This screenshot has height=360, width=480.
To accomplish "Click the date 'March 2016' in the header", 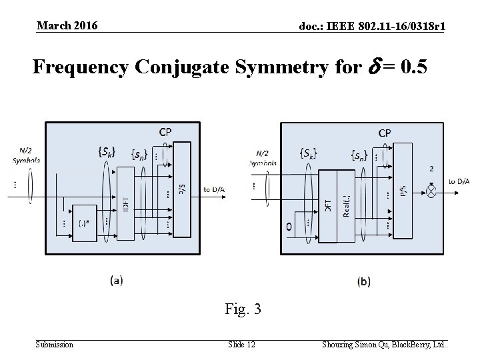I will tap(67, 25).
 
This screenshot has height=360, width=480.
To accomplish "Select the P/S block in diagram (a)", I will tap(181, 189).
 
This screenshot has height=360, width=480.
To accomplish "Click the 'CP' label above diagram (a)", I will tap(165, 132).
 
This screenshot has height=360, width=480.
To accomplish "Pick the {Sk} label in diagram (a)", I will tap(107, 152).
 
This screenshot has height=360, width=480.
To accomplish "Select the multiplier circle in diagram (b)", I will tap(431, 191).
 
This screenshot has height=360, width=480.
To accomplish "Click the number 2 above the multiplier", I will tap(431, 169).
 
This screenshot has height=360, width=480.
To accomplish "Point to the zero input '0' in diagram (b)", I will tap(289, 227).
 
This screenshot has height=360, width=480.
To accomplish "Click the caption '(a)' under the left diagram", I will tap(116, 281).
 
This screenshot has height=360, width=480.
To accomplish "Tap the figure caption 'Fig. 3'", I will tap(243, 309).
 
